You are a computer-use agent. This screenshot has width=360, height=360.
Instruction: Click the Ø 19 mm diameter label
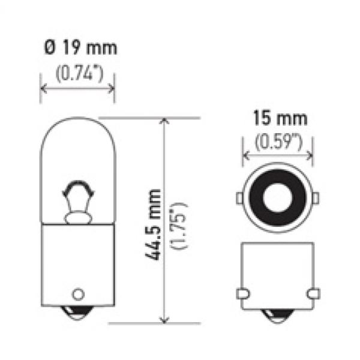click(80, 47)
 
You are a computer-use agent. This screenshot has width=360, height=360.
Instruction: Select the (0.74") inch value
click(79, 73)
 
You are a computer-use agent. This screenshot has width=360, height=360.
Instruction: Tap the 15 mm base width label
click(280, 118)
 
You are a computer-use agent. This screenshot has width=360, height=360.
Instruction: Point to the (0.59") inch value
click(279, 142)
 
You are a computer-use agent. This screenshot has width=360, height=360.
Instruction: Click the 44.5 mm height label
click(152, 224)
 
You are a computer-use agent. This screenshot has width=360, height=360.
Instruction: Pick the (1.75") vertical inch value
click(179, 226)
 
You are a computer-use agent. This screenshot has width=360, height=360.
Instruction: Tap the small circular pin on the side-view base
click(78, 294)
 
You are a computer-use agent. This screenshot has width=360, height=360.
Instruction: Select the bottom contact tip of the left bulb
click(77, 313)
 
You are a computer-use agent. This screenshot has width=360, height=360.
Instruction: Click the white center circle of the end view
click(278, 197)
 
